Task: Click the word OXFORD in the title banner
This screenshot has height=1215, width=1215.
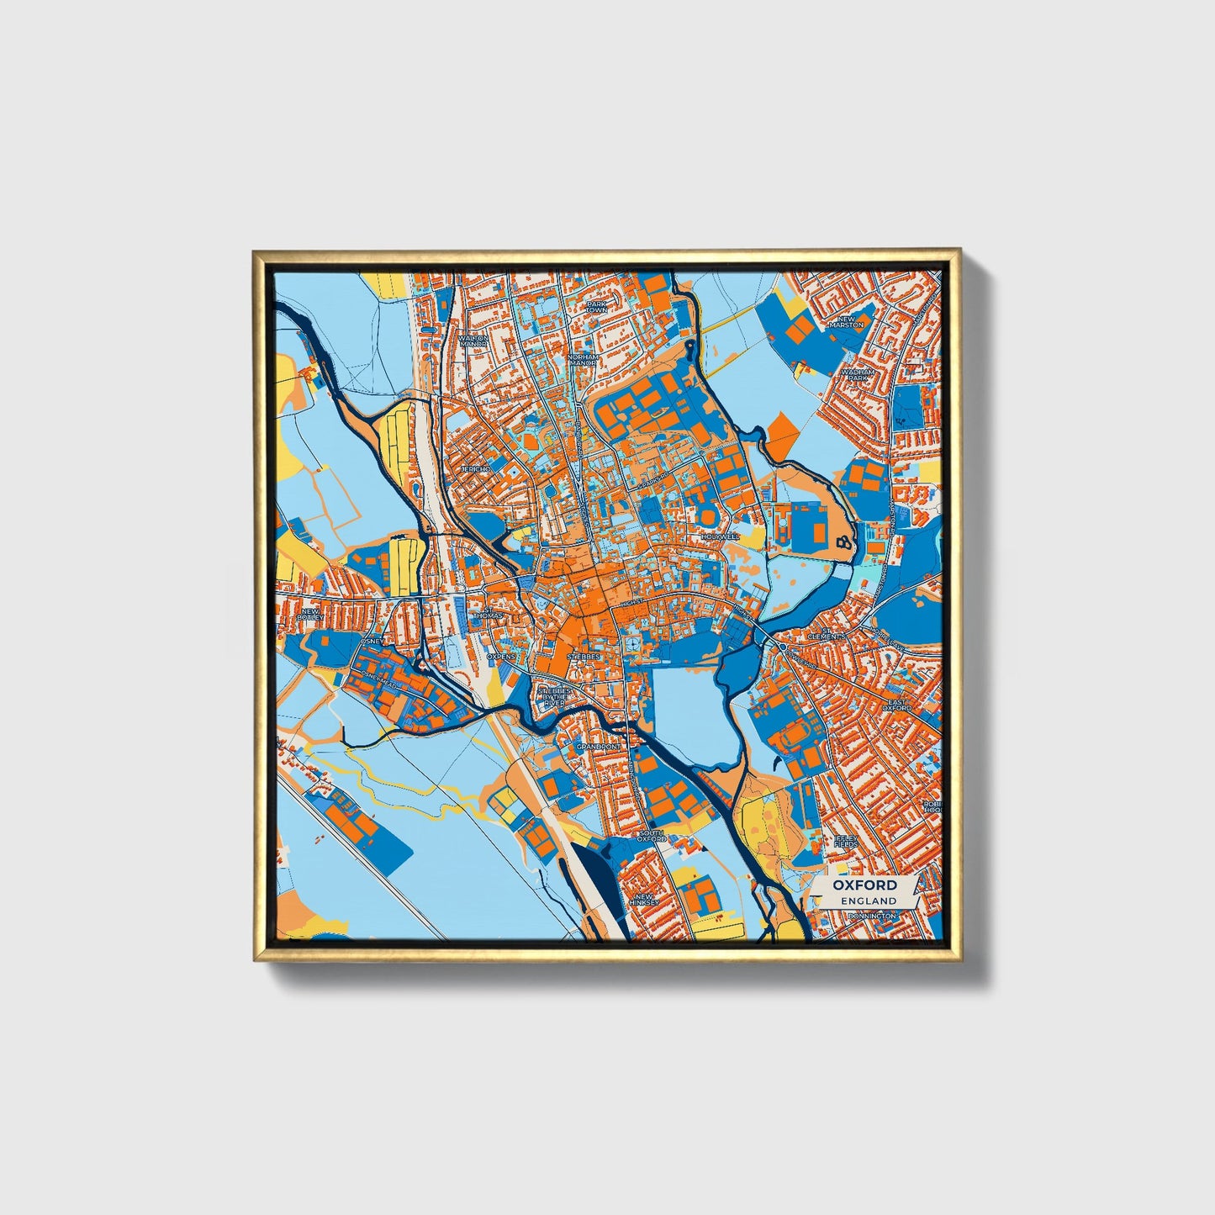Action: point(864,885)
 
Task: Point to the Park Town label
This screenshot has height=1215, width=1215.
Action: point(596,307)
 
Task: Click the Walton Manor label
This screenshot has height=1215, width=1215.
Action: point(473,341)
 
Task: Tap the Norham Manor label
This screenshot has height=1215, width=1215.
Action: point(582,360)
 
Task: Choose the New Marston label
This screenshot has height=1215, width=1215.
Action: point(846,321)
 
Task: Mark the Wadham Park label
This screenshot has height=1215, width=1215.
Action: point(861,373)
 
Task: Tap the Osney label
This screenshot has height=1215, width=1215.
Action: point(370,642)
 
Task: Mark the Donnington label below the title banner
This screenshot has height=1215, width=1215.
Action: point(872,916)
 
